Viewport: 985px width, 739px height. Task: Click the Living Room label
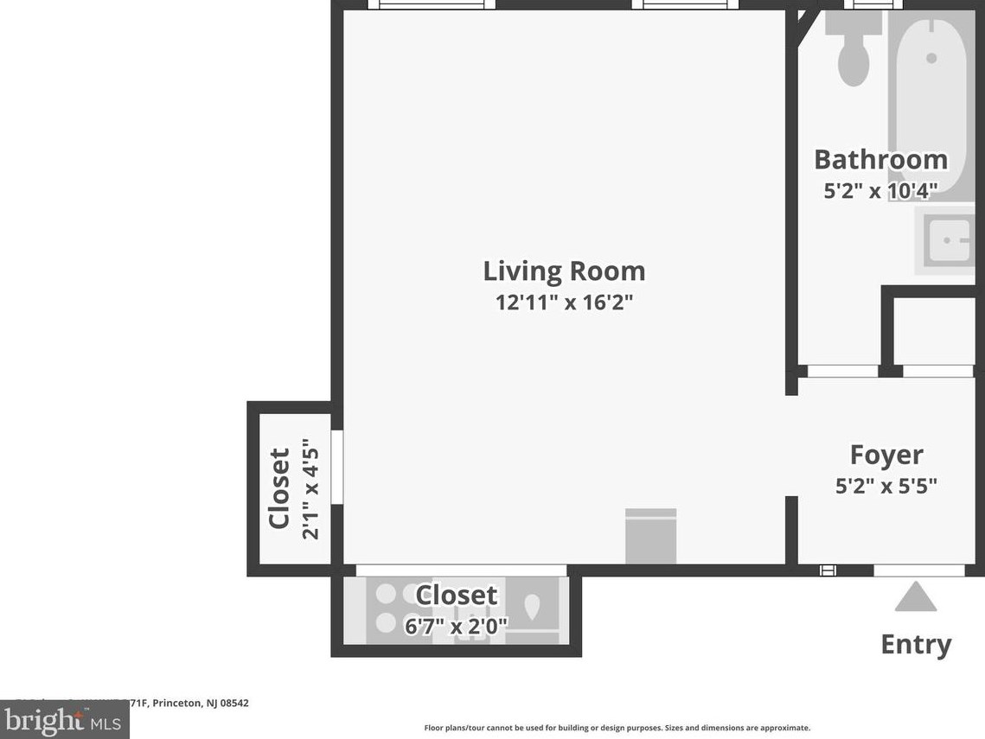[564, 271]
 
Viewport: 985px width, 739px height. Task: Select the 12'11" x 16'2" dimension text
[564, 303]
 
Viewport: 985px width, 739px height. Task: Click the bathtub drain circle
[931, 58]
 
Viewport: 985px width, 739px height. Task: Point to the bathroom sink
[950, 240]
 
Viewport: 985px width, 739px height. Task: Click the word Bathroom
[880, 160]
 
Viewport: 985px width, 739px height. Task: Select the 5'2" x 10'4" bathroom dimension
[879, 191]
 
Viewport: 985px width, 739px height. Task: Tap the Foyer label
[886, 455]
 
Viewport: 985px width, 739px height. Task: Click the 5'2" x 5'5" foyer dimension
[886, 486]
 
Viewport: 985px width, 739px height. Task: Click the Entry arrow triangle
[916, 598]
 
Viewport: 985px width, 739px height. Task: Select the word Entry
[916, 644]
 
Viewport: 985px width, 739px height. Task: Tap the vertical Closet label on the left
[278, 488]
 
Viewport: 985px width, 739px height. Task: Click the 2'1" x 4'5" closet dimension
[310, 489]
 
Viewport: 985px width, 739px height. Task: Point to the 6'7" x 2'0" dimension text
[456, 625]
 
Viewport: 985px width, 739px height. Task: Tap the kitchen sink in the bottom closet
[531, 608]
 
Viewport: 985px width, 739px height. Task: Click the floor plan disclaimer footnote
[617, 728]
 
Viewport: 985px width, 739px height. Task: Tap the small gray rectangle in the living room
[650, 536]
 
